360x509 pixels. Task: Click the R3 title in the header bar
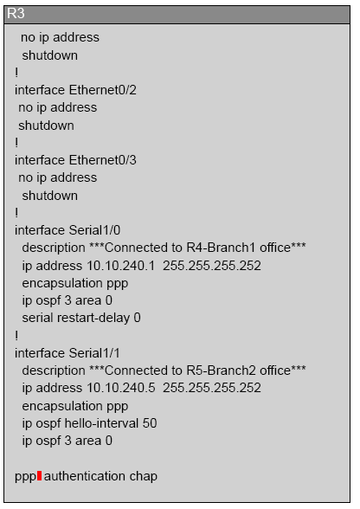pos(16,14)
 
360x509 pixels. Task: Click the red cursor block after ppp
pos(39,475)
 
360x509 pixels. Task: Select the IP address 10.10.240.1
pos(121,266)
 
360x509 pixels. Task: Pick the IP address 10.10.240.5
pos(121,388)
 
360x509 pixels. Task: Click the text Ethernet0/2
pos(103,90)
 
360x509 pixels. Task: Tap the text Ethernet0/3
pos(103,160)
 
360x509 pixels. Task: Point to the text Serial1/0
pos(94,230)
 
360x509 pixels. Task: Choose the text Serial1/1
pos(94,353)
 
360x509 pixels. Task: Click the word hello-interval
pos(101,423)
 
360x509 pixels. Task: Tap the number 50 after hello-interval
pos(150,423)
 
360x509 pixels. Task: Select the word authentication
pos(85,476)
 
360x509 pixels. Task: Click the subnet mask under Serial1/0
pos(212,266)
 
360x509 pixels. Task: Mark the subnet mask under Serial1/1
pos(212,388)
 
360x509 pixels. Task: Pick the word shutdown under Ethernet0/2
pos(46,126)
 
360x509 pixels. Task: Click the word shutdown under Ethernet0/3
pos(49,196)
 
